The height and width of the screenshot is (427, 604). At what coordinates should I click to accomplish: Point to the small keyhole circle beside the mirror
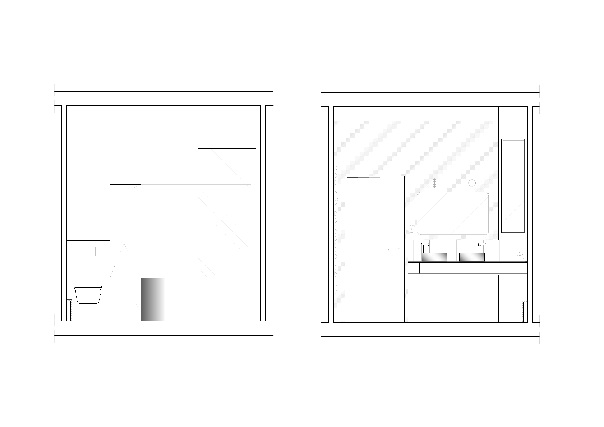click(x=411, y=229)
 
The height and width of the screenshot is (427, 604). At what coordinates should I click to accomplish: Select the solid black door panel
click(x=374, y=249)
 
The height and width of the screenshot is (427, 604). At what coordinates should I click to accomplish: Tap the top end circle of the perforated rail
click(x=336, y=168)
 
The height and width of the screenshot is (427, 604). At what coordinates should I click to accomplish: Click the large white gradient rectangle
click(x=198, y=299)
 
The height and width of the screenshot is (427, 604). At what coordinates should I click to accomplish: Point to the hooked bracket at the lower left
click(x=70, y=310)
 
